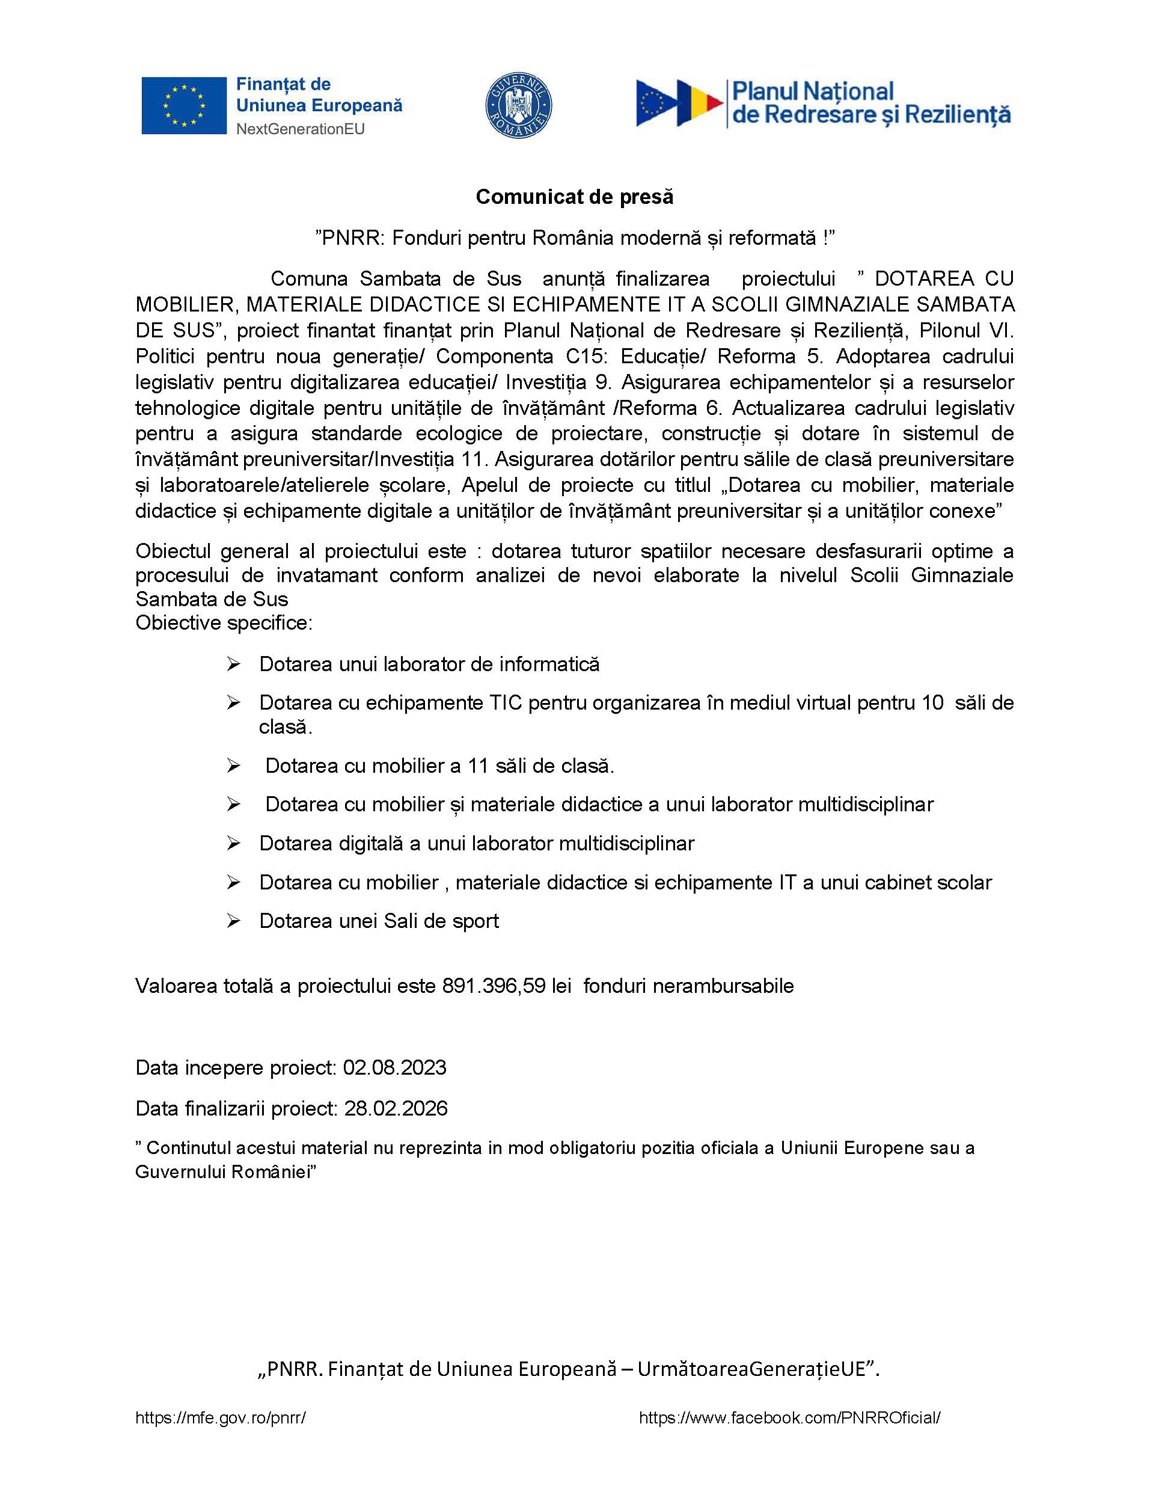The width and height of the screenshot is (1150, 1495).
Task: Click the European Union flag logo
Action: click(183, 105)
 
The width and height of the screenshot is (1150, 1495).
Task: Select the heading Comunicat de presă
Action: click(574, 197)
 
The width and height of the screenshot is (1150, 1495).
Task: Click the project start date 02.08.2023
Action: click(395, 1068)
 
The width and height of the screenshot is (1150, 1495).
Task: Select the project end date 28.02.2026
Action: click(396, 1108)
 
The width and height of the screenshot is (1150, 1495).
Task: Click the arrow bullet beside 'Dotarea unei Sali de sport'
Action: click(233, 921)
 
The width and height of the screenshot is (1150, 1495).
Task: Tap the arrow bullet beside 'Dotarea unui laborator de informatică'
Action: click(233, 665)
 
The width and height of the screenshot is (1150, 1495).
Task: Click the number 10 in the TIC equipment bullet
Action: click(932, 703)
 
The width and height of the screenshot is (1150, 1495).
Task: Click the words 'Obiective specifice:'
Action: click(224, 623)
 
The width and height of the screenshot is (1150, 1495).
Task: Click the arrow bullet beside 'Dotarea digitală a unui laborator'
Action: click(233, 844)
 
